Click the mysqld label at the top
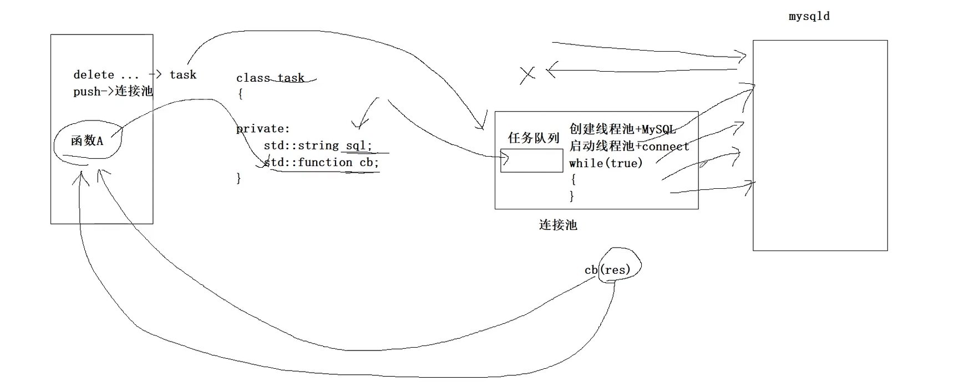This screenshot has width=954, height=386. [x=809, y=16]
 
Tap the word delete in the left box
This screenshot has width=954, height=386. [x=94, y=74]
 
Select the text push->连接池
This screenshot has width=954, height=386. [x=113, y=91]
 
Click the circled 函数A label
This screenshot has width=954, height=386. [x=87, y=141]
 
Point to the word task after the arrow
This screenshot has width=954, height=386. [x=183, y=74]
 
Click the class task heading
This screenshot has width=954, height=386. [x=270, y=78]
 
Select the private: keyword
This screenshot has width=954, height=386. [x=263, y=129]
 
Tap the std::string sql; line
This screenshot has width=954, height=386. [x=318, y=146]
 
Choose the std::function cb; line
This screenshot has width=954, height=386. [x=321, y=162]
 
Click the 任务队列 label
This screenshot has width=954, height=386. [x=533, y=138]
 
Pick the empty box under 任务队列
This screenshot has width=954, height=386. [x=531, y=161]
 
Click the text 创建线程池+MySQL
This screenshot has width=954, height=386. [x=622, y=129]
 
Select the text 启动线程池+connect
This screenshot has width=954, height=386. [x=629, y=146]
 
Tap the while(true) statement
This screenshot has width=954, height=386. [x=606, y=163]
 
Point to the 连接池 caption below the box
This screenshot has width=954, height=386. [x=558, y=225]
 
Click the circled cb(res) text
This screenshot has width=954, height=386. [x=608, y=270]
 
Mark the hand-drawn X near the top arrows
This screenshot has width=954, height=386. [x=527, y=75]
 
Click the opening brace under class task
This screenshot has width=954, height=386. [x=240, y=94]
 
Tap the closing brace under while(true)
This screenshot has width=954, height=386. [x=572, y=196]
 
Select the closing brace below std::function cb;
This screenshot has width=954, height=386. [x=239, y=178]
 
